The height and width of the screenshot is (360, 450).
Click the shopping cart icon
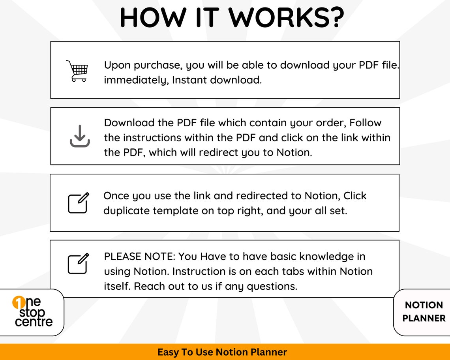(77, 71)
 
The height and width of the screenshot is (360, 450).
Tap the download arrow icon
(80, 136)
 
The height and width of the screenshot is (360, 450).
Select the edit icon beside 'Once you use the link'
(79, 203)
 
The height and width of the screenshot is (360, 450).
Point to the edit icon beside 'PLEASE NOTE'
(79, 264)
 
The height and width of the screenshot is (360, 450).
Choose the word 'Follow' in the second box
(366, 123)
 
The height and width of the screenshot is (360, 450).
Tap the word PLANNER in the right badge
(424, 318)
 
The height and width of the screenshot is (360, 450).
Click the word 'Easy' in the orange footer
(167, 352)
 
